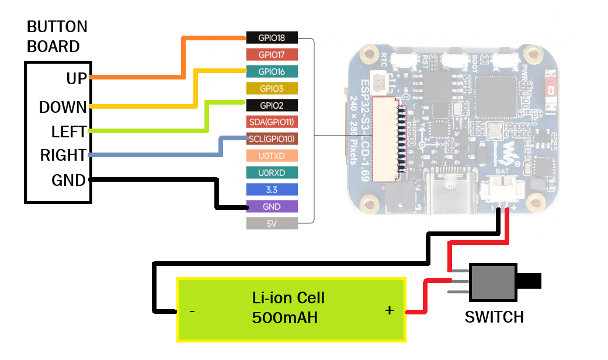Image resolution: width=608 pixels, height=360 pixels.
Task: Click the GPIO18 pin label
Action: click(x=272, y=38)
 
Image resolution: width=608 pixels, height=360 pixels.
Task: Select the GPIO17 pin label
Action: click(x=272, y=55)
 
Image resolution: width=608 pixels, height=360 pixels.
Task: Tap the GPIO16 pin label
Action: click(x=272, y=72)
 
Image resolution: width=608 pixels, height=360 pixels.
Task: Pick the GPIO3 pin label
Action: click(x=272, y=89)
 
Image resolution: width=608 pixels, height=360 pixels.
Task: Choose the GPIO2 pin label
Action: click(x=272, y=105)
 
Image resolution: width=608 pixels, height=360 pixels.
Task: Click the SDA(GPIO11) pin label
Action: click(x=272, y=122)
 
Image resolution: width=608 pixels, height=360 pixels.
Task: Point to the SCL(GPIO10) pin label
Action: click(x=272, y=139)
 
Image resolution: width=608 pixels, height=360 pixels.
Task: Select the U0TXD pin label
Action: click(x=272, y=156)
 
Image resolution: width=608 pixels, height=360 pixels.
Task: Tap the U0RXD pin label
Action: click(x=272, y=172)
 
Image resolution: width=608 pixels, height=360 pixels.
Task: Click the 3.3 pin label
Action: click(x=272, y=189)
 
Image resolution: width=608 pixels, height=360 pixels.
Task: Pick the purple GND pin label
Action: click(x=272, y=206)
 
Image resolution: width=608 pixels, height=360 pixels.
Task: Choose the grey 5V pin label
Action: click(x=272, y=223)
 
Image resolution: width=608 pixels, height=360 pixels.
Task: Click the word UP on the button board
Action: click(x=76, y=79)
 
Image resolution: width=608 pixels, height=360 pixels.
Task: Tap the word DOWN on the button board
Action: click(x=63, y=108)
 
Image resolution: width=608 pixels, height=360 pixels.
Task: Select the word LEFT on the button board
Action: click(x=69, y=132)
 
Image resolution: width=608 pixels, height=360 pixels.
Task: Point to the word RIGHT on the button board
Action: click(x=63, y=156)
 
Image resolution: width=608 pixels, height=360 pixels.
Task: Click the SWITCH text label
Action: click(x=494, y=317)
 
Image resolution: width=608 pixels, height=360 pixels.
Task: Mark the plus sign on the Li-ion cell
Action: click(x=390, y=311)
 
